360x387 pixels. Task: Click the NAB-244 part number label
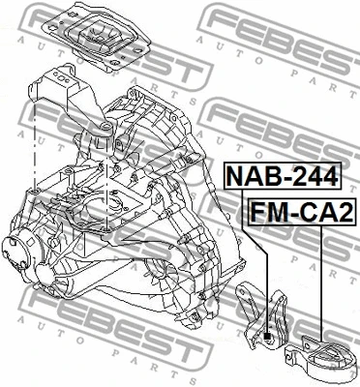pyautogui.click(x=283, y=176)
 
